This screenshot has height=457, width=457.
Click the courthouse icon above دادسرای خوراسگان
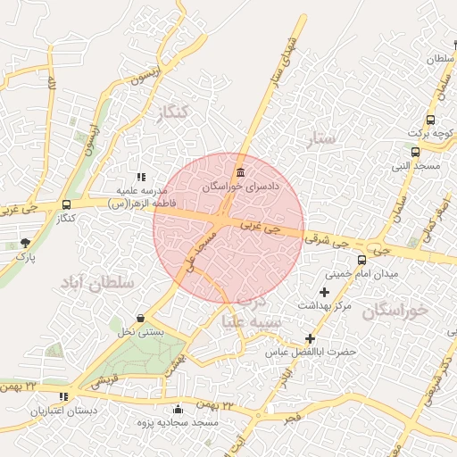pyautogui.click(x=239, y=172)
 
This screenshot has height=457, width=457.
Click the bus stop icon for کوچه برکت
pyautogui.click(x=431, y=119)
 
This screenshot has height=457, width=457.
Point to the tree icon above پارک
pyautogui.click(x=25, y=242)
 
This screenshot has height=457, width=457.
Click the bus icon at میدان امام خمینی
pyautogui.click(x=361, y=260)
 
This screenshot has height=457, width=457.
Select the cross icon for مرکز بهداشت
pyautogui.click(x=324, y=292)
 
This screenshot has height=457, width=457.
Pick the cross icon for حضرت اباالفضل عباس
pyautogui.click(x=310, y=338)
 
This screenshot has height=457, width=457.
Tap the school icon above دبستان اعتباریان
pyautogui.click(x=62, y=396)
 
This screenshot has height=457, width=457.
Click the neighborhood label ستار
pyautogui.click(x=322, y=138)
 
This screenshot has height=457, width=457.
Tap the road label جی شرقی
pyautogui.click(x=325, y=239)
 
